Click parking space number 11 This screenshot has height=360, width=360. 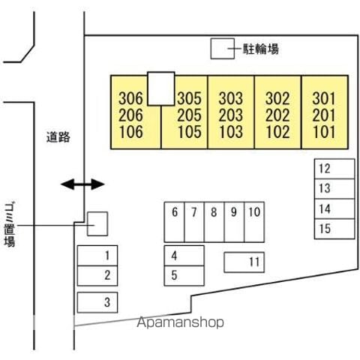coord(244,262)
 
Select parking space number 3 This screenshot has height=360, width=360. coord(97,302)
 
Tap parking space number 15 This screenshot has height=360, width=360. coord(334,229)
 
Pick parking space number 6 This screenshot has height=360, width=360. coord(174,222)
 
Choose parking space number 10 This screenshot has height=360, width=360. coord(254,222)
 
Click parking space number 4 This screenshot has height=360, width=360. coord(184,256)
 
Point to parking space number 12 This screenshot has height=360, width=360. coord(334,169)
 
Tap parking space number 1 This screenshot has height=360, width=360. coord(97,256)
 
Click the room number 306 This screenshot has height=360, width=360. coord(130,98)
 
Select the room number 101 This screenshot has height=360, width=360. coord(324,132)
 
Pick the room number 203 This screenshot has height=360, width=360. coord(231,115)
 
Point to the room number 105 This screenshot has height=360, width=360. coord(190,132)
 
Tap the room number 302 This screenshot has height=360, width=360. coord(277,98)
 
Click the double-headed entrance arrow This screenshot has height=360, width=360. coord(82,184)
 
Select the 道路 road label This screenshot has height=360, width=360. coord(58,137)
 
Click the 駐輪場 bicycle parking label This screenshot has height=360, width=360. coord(261,49)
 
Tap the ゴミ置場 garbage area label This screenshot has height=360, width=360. coord(10,224)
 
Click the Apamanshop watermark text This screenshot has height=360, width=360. coord(180,322)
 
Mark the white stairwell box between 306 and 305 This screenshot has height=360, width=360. coord(161,88)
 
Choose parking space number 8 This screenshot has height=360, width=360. coord(214,222)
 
